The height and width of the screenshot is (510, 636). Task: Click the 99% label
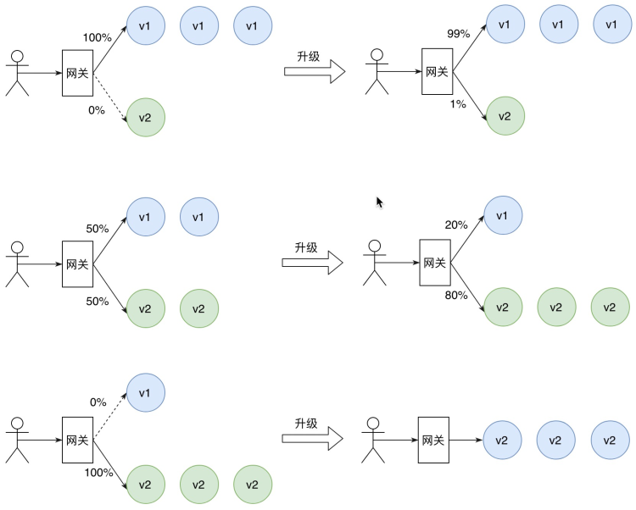click(458, 34)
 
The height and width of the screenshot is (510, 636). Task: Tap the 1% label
click(458, 104)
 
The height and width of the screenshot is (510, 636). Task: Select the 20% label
click(456, 225)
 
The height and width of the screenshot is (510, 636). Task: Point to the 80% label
click(456, 296)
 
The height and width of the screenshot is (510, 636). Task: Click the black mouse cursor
click(379, 202)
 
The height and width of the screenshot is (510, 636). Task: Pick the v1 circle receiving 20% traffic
click(503, 215)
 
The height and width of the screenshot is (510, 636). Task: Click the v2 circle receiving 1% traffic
click(505, 116)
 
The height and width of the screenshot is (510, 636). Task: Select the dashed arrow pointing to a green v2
click(110, 97)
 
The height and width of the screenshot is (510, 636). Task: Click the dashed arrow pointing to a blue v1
click(110, 417)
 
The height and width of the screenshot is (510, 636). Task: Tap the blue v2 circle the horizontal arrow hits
click(502, 440)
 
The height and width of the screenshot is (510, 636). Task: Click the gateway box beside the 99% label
click(438, 72)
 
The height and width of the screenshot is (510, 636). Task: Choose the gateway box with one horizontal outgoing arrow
click(433, 440)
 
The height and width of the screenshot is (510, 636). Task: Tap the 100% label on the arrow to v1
click(98, 37)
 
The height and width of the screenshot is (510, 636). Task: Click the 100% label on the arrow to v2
click(98, 473)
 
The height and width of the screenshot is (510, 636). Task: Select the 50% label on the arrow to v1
click(98, 229)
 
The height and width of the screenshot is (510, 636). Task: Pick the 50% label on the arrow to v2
click(98, 302)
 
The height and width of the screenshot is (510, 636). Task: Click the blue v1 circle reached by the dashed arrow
click(146, 392)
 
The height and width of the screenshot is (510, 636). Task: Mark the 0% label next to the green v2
click(97, 110)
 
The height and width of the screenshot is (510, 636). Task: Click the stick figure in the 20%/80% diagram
click(374, 263)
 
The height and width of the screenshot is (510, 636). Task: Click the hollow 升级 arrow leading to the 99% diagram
click(315, 72)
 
